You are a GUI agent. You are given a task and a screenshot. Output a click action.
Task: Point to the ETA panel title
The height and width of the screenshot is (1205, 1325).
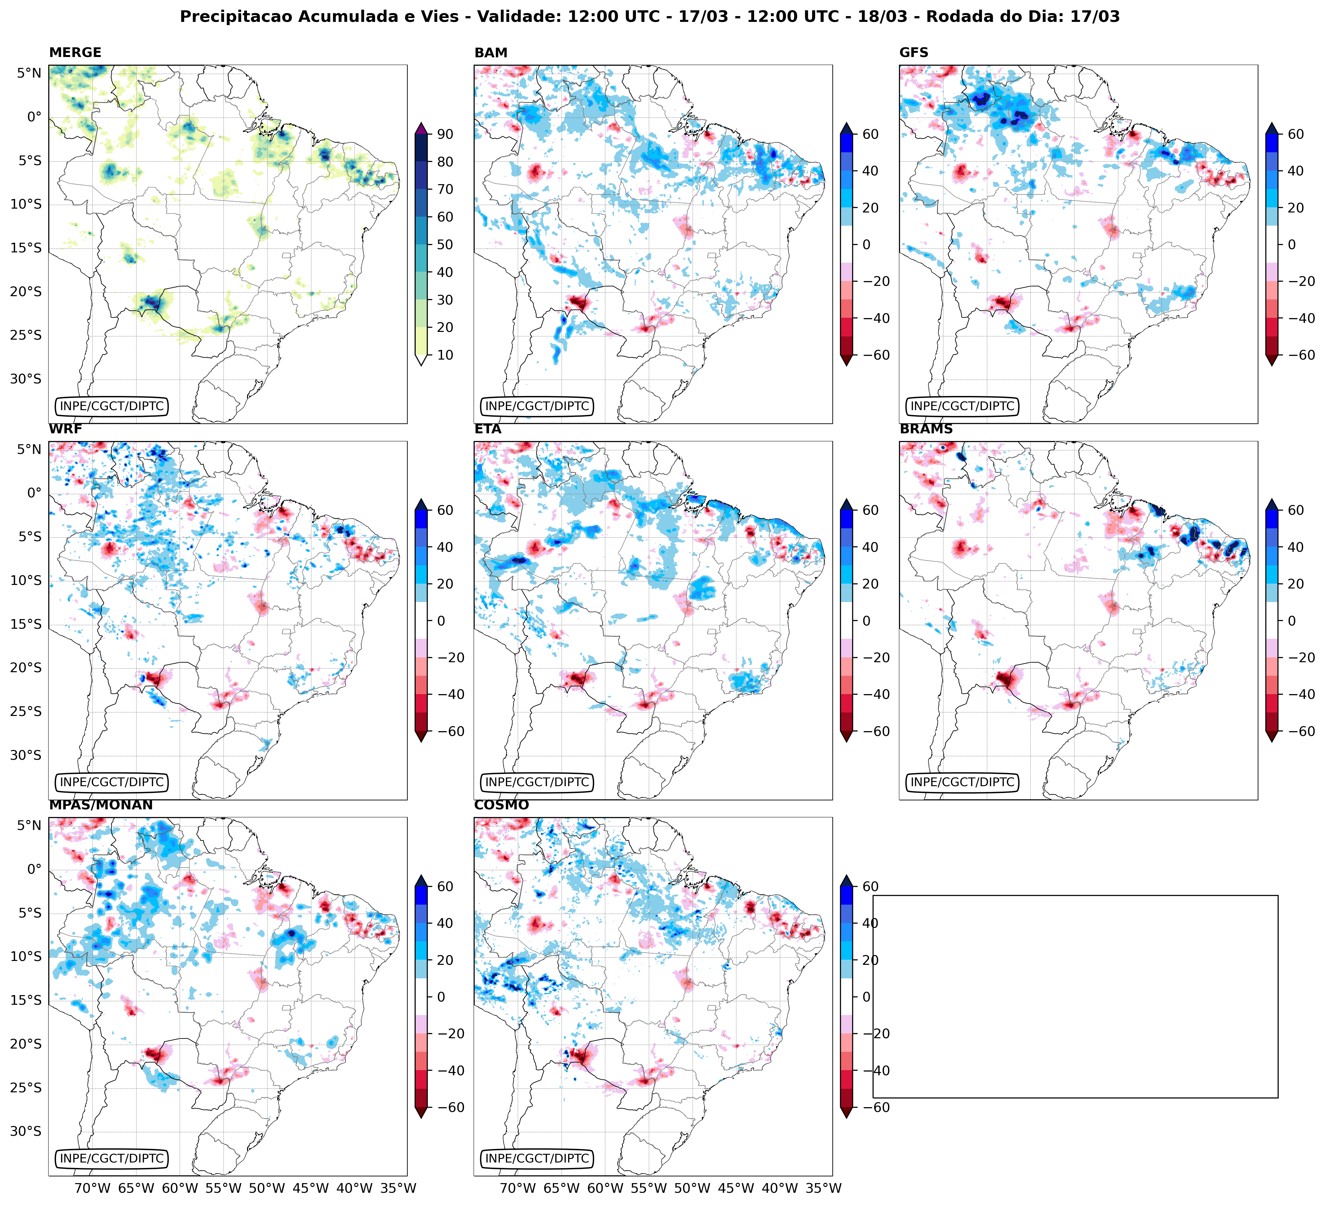pos(488,429)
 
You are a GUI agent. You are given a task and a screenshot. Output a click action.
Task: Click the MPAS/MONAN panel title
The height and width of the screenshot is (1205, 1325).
pos(100,805)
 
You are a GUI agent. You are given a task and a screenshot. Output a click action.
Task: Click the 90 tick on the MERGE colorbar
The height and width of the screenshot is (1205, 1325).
pos(445,134)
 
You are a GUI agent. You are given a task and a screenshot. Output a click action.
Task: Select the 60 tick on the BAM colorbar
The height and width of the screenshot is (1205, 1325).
pos(870,134)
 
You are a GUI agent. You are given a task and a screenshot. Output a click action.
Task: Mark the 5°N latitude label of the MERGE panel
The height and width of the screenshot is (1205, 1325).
pos(29,73)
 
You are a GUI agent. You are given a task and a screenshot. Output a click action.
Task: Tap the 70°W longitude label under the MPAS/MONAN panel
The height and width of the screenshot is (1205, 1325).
pos(92,1188)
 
